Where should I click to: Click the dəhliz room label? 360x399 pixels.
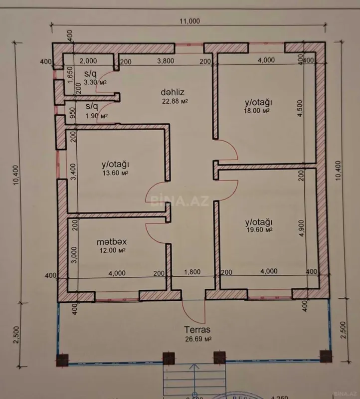pos(170,92)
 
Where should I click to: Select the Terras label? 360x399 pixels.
pos(198,330)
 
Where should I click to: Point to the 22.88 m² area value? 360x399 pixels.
pos(174,101)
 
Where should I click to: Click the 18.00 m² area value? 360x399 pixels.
pos(257,111)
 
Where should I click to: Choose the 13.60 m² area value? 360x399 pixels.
pos(115,173)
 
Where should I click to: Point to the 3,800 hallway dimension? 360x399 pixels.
pos(166,61)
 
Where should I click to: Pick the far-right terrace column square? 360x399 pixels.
pos(326,357)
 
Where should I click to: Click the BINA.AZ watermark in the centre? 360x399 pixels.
pos(171,200)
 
